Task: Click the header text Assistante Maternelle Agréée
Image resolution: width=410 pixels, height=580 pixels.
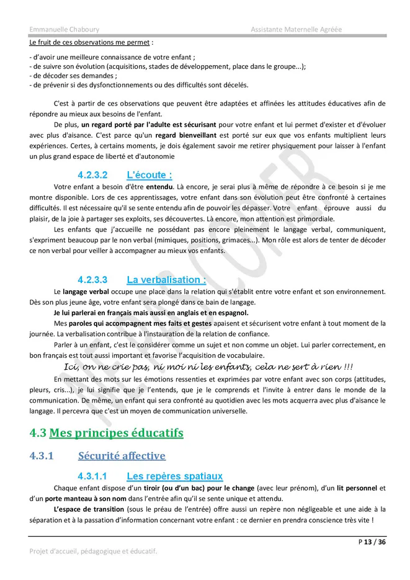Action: point(296,29)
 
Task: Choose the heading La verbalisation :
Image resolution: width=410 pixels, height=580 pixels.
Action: point(166,280)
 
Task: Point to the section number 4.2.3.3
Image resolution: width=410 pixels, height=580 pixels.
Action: point(92,280)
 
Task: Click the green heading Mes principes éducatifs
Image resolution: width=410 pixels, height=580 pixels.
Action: point(116,432)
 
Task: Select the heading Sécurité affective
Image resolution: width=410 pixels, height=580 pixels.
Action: point(122,456)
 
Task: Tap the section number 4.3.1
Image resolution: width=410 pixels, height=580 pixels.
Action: point(42,456)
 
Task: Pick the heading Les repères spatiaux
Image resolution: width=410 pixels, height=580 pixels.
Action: point(174,476)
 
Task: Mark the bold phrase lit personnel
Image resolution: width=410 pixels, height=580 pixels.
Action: point(358,488)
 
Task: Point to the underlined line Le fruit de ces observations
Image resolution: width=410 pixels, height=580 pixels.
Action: point(89,43)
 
